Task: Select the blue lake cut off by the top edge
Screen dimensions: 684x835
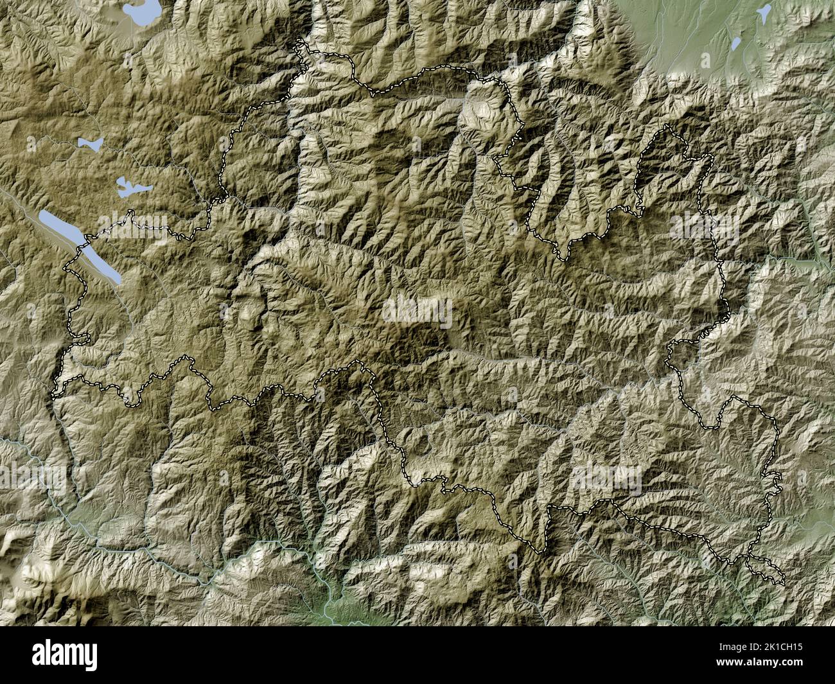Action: tap(143, 12)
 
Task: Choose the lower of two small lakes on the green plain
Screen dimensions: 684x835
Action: tap(736, 44)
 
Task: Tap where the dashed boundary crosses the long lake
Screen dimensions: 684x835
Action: tap(82, 246)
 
